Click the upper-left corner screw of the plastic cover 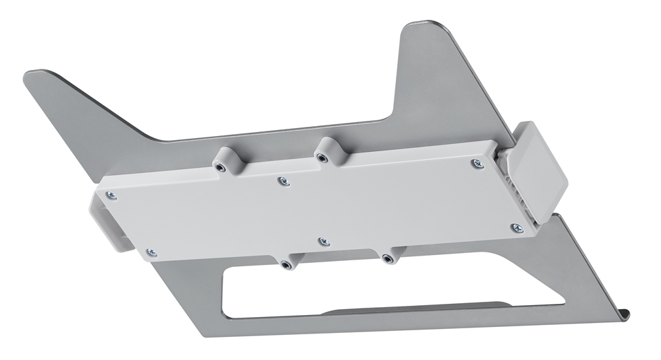pyautogui.click(x=111, y=195)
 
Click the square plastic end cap pyautogui.click(x=540, y=170)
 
